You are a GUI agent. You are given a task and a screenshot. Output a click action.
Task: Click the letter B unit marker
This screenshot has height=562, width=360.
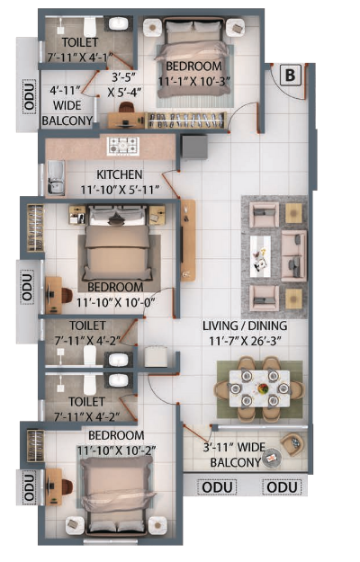tap(290, 76)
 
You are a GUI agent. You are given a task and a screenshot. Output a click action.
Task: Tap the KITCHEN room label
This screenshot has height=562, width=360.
tap(120, 174)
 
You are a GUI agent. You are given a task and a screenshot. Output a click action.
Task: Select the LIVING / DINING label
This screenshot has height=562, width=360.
tap(245, 326)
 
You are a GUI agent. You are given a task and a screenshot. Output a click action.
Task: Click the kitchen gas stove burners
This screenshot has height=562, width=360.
tap(123, 147)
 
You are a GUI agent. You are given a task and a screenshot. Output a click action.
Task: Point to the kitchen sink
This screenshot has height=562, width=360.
tap(57, 178)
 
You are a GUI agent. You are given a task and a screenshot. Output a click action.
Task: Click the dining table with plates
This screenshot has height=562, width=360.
tap(259, 388)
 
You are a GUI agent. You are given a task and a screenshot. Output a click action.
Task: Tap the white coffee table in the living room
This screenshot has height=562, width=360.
tap(260, 256)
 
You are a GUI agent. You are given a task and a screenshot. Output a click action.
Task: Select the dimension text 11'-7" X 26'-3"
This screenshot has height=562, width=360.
tap(245, 341)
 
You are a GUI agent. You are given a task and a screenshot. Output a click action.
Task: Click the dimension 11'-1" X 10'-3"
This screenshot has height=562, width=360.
tap(194, 81)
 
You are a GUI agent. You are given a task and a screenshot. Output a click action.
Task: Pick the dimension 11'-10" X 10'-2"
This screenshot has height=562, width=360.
tap(116, 450)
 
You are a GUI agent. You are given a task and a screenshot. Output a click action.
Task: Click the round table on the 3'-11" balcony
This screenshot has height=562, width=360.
tap(272, 458)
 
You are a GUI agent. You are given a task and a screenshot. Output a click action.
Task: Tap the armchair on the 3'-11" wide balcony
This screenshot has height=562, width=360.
tap(292, 444)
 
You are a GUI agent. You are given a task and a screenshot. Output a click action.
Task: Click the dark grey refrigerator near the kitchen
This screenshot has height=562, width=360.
tap(194, 147)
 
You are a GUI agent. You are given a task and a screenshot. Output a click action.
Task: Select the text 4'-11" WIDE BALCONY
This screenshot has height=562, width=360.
tap(67, 105)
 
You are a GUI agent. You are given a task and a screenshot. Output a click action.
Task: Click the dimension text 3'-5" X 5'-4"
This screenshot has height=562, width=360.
tap(124, 85)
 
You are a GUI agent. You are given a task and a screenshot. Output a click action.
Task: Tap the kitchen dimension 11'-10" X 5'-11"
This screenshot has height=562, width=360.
tap(120, 190)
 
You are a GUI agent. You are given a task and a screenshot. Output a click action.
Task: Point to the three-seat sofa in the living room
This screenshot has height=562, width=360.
tap(293, 256)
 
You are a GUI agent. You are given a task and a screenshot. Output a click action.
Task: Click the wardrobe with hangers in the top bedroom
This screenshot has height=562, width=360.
tap(186, 120)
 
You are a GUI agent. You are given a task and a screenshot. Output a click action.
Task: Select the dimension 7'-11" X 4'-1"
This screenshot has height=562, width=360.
tap(80, 57)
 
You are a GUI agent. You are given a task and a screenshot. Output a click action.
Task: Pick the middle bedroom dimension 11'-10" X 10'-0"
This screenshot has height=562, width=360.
tap(115, 303)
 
